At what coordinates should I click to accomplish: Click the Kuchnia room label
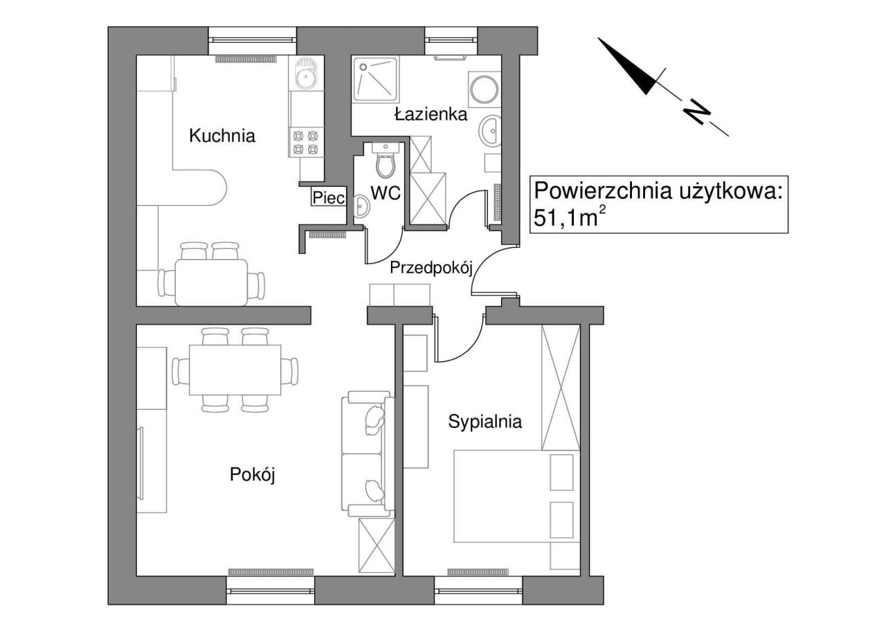click(222, 136)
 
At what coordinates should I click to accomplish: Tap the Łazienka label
click(431, 114)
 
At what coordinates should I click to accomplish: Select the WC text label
click(386, 193)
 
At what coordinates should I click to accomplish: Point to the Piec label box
click(329, 197)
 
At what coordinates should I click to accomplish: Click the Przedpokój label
click(431, 268)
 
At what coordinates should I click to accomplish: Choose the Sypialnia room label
click(485, 422)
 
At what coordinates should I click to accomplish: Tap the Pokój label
click(252, 474)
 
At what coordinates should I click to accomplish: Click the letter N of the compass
click(698, 112)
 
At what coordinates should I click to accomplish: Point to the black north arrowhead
click(629, 68)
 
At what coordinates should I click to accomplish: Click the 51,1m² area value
click(569, 217)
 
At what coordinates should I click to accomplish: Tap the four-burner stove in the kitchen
click(306, 143)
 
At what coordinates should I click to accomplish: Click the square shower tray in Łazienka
click(375, 79)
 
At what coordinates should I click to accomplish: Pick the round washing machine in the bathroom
click(484, 89)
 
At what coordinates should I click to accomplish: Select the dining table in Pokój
click(235, 370)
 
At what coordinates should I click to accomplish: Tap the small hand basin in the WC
click(361, 206)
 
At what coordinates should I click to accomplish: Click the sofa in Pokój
click(368, 454)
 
